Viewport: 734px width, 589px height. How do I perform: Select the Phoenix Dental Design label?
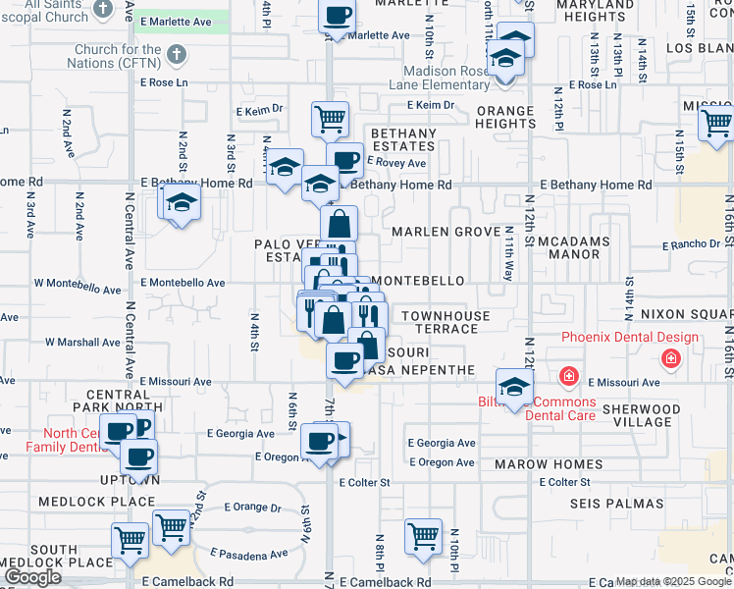(x=630, y=338)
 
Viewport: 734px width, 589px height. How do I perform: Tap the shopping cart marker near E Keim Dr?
(x=331, y=120)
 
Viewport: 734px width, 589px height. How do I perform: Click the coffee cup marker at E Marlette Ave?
(x=338, y=15)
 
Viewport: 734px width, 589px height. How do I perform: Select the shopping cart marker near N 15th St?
(x=717, y=125)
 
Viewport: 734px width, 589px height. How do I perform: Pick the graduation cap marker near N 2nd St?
(x=182, y=203)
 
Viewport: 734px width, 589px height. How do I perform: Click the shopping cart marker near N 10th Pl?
(x=424, y=536)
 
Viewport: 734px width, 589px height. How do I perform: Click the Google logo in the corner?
(x=32, y=577)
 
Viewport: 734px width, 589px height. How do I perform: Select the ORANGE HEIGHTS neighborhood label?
(x=504, y=117)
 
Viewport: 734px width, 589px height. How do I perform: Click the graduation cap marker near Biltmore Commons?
(x=514, y=386)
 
